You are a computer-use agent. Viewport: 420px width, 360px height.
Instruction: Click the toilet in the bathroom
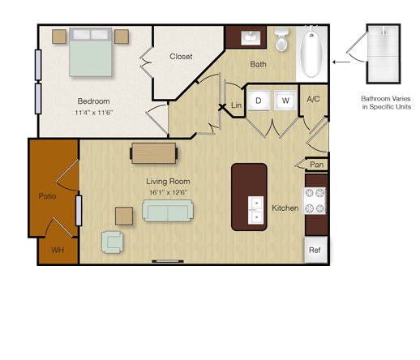(x=281, y=39)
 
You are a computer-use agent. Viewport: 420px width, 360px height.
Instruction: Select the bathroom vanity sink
(x=251, y=38)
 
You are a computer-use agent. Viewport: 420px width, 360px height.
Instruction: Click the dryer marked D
(x=259, y=101)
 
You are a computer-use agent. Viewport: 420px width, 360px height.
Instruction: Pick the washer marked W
(x=285, y=101)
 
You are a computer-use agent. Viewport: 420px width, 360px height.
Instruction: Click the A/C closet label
(x=313, y=99)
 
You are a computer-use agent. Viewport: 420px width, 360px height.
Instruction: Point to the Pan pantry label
(x=316, y=165)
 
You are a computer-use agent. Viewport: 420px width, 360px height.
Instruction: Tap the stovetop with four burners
(x=315, y=201)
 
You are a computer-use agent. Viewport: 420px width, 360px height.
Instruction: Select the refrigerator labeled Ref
(x=315, y=250)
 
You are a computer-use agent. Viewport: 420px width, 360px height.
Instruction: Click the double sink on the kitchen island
(x=255, y=210)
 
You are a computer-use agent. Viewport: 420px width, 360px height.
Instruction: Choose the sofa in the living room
(x=168, y=211)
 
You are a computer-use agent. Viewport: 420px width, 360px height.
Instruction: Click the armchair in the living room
(x=113, y=242)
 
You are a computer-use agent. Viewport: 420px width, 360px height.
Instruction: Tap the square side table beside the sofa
(x=124, y=216)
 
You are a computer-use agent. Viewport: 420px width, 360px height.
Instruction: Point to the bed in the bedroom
(x=91, y=52)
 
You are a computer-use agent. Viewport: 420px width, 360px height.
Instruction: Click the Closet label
(x=181, y=57)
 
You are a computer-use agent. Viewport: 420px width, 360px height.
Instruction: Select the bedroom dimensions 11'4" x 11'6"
(x=93, y=113)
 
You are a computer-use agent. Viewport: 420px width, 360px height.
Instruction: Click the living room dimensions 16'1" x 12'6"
(x=169, y=192)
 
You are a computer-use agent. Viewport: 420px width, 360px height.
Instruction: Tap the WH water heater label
(x=58, y=250)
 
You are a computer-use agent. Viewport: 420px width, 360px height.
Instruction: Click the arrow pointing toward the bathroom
(x=341, y=62)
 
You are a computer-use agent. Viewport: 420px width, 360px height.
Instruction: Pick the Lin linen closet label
(x=236, y=105)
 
